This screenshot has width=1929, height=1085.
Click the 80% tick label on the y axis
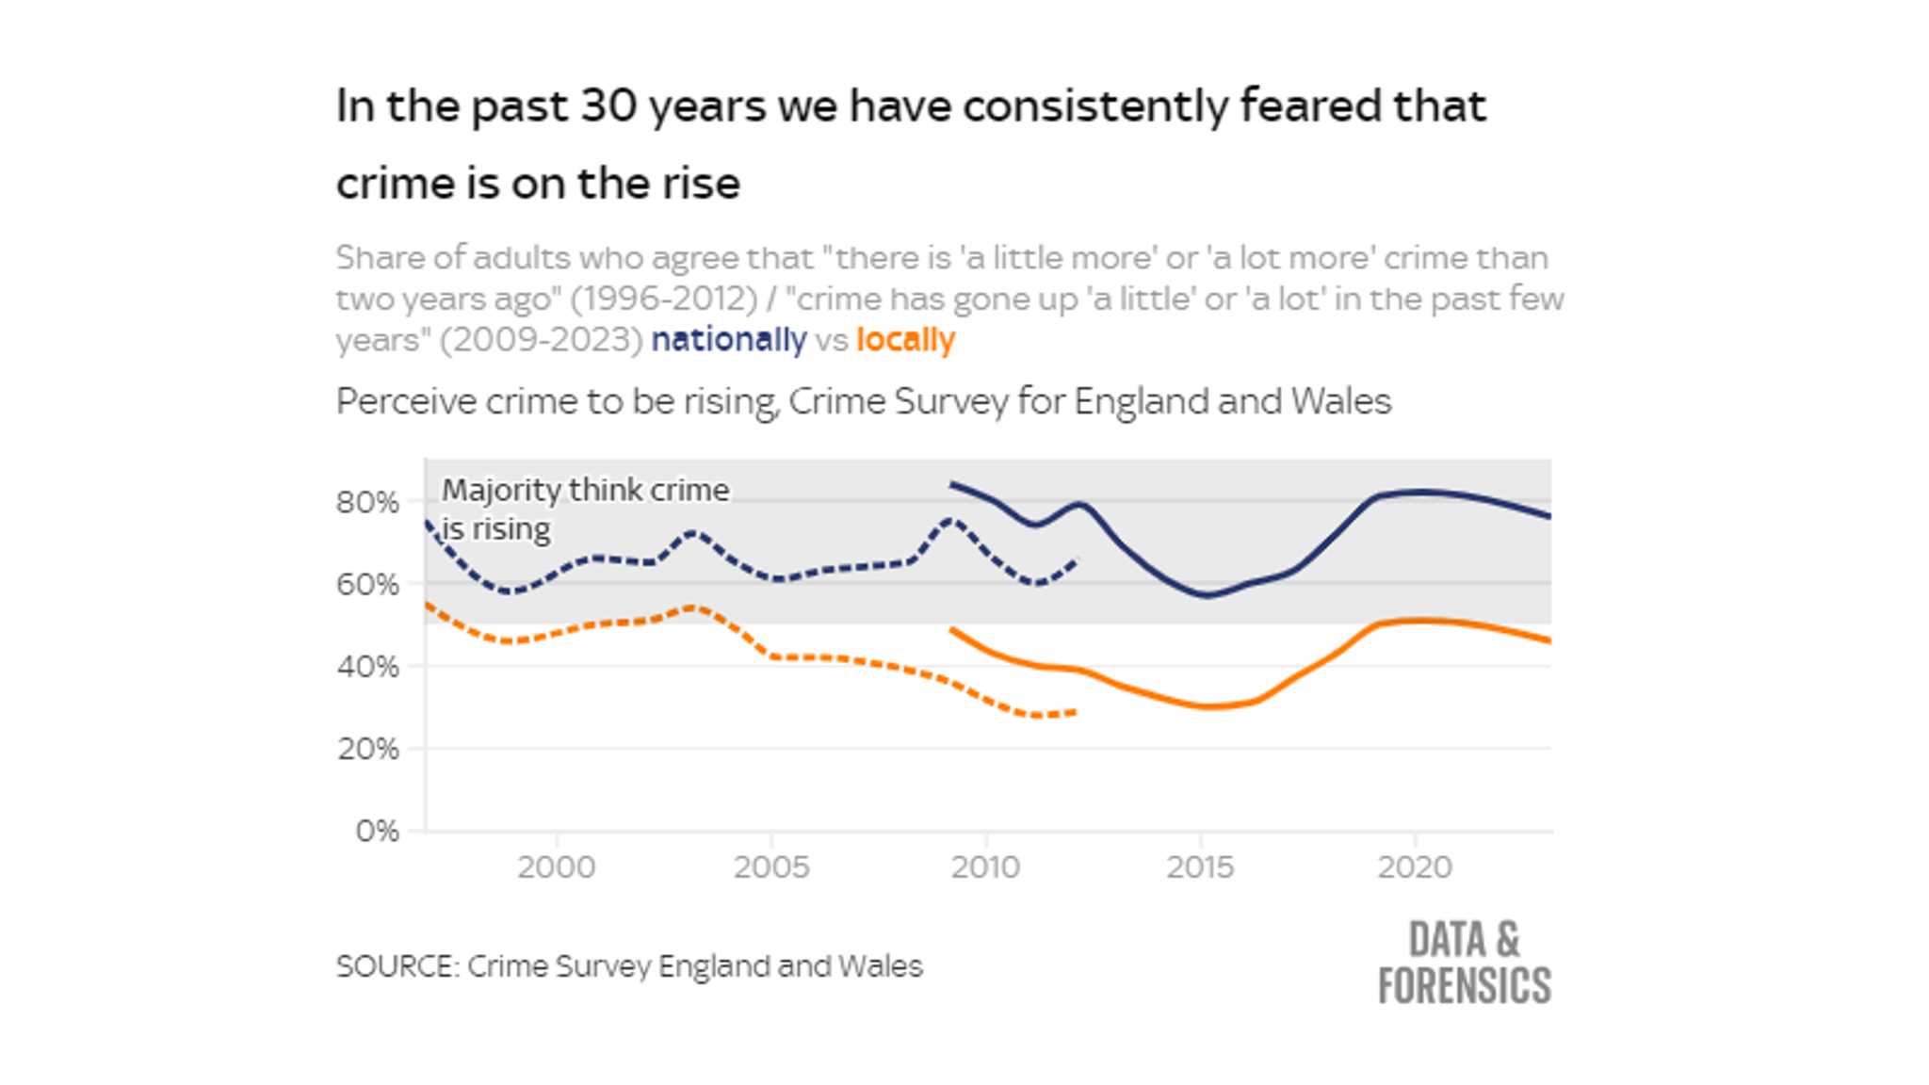pos(367,503)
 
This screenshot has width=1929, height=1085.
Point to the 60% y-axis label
pos(367,585)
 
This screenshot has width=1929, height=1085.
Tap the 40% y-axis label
pos(367,667)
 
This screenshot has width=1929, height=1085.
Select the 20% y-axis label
pos(367,750)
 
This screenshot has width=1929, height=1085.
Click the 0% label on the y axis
pos(377,832)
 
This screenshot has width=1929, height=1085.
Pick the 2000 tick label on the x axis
pos(556,867)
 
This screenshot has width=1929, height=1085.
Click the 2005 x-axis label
pos(771,867)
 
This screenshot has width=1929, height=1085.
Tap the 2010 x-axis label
pos(985,867)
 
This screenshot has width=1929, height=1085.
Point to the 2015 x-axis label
pos(1200,867)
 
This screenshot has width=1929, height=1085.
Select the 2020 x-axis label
pos(1415,867)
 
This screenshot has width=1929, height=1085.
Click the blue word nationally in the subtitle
pos(728,340)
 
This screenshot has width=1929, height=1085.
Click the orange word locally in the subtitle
pos(905,340)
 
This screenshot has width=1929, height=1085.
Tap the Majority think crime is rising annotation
pos(584,510)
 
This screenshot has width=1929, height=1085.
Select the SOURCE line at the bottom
pos(629,966)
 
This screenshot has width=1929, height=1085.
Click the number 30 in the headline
pos(608,105)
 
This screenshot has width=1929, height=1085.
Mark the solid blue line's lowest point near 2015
pos(1207,595)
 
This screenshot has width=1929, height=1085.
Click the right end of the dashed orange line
pos(1076,712)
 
